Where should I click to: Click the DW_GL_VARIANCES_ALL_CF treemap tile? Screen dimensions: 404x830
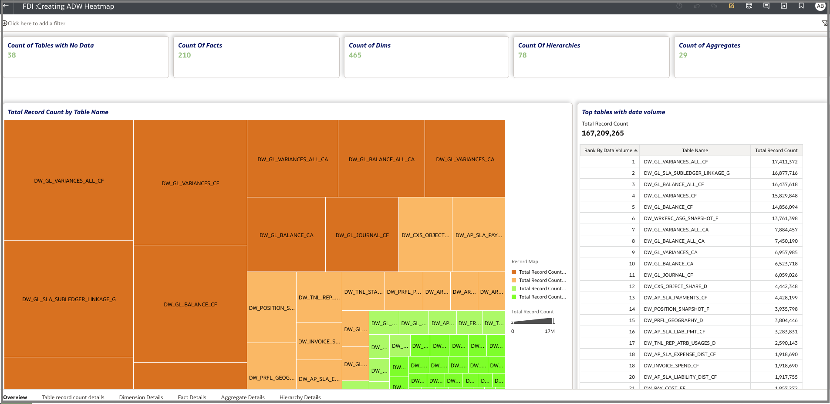point(69,180)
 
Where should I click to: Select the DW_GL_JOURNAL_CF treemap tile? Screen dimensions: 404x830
point(362,235)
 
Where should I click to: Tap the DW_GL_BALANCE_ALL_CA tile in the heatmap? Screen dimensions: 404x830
point(381,159)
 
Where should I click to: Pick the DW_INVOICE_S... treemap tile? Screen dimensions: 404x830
point(319,341)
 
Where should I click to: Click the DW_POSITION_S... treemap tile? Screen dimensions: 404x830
point(272,308)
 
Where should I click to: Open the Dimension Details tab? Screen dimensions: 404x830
point(141,397)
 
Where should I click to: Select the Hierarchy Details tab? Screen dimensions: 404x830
point(300,397)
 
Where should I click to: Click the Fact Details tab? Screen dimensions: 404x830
point(192,397)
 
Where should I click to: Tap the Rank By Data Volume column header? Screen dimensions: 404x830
point(608,150)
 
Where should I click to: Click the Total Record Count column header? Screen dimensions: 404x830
point(776,150)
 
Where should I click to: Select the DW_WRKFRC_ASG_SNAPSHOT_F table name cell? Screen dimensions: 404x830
point(681,218)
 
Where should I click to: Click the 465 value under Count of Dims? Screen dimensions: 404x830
point(355,55)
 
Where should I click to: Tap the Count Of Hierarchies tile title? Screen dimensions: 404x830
point(549,45)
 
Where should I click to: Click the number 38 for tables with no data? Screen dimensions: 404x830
point(12,55)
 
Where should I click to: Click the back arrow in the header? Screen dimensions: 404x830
point(6,6)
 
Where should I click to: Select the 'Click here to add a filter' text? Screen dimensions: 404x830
point(37,24)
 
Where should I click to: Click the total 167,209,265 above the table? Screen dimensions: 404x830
point(603,133)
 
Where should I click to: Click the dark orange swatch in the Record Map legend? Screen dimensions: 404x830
point(514,272)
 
